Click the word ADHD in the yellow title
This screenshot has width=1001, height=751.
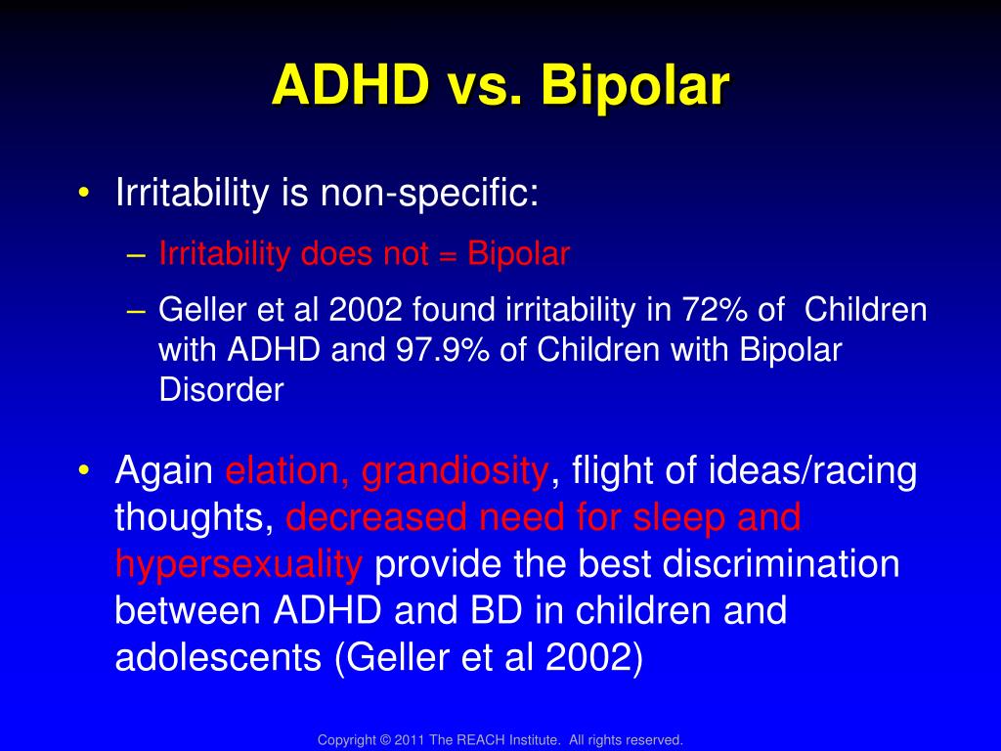351,84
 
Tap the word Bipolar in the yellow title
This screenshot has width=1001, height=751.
634,85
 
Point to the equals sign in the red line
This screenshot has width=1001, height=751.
448,255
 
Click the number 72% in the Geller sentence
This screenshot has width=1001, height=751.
715,310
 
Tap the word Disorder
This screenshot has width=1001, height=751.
221,389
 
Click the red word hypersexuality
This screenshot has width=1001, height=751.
239,565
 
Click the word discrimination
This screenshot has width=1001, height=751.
781,564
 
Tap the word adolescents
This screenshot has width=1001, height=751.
218,657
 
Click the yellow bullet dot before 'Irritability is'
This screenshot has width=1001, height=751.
84,193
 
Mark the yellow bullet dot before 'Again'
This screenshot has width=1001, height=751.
84,470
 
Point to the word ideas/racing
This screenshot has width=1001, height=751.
812,472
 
